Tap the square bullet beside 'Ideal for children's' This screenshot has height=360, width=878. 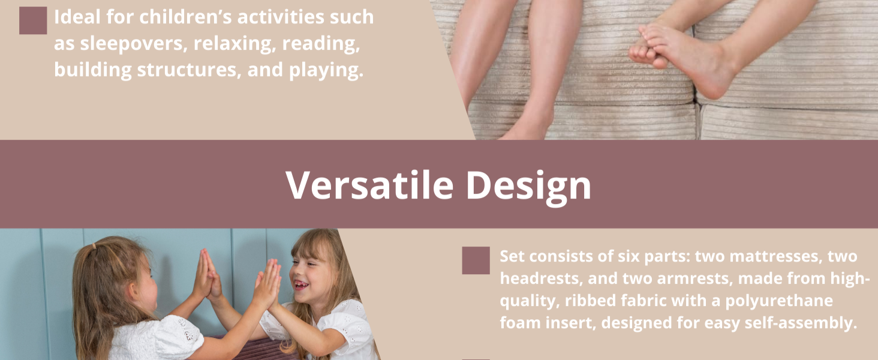click(33, 21)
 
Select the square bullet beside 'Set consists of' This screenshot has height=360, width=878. click(476, 261)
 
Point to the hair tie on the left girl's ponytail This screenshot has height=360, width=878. click(92, 246)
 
